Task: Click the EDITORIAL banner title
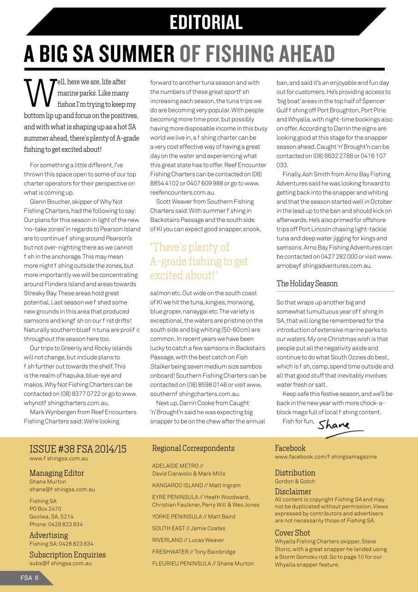pyautogui.click(x=206, y=22)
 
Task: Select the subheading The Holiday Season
pyautogui.click(x=307, y=284)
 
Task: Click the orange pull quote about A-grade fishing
pyautogui.click(x=199, y=261)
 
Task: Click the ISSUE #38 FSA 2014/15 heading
pyautogui.click(x=78, y=449)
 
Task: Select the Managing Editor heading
pyautogui.click(x=57, y=473)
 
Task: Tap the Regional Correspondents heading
pyautogui.click(x=193, y=448)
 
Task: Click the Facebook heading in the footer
pyautogui.click(x=290, y=448)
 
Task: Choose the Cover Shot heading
pyautogui.click(x=292, y=533)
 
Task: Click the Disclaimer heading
pyautogui.click(x=293, y=492)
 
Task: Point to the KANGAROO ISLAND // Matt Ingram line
pyautogui.click(x=196, y=485)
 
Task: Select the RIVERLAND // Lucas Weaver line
pyautogui.click(x=188, y=540)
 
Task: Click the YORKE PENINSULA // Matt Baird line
pyautogui.click(x=194, y=517)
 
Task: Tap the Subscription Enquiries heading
pyautogui.click(x=67, y=555)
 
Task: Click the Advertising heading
pyautogui.click(x=48, y=535)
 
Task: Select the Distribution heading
pyautogui.click(x=295, y=473)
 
